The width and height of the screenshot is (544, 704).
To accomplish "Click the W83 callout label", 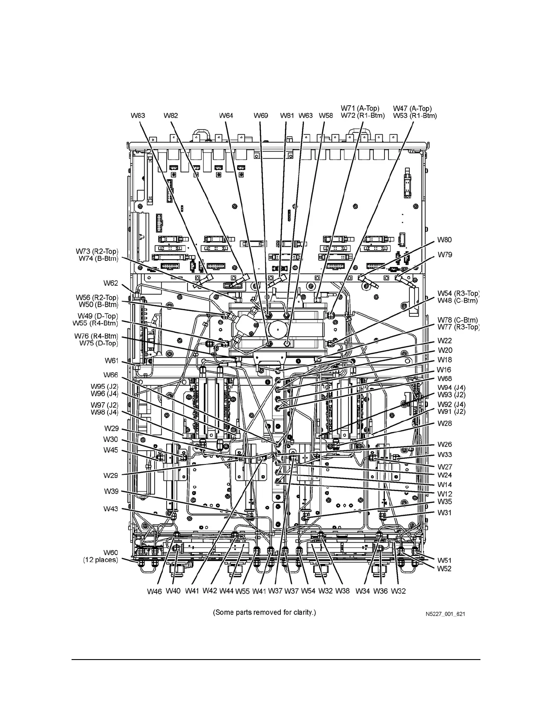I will click(138, 116).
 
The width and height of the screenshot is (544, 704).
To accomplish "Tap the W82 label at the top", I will click(171, 116).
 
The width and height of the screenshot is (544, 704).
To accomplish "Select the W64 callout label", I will click(226, 116).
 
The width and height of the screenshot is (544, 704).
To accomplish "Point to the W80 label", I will click(444, 240).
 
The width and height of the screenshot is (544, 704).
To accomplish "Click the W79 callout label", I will click(444, 255).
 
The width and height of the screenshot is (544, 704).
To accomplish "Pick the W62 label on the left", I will click(111, 283).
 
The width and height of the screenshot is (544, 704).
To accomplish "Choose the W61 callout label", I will click(111, 360).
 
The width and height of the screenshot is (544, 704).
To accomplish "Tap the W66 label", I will click(111, 375).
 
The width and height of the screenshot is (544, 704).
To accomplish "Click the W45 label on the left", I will click(111, 450).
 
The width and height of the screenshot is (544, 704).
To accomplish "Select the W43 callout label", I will click(111, 508).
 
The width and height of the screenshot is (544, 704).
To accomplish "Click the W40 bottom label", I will click(173, 591).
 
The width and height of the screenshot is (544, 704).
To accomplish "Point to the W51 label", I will click(444, 560).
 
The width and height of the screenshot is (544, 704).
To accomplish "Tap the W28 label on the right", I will click(444, 424).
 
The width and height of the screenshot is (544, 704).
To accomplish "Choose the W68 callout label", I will click(444, 379).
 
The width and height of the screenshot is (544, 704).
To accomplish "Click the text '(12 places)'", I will click(100, 560).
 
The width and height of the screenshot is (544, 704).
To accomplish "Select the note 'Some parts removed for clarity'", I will click(264, 612).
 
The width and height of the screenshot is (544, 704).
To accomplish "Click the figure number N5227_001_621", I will click(445, 614).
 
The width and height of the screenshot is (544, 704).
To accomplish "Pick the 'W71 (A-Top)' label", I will click(360, 108).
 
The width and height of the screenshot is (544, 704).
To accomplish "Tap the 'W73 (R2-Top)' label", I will click(97, 252).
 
